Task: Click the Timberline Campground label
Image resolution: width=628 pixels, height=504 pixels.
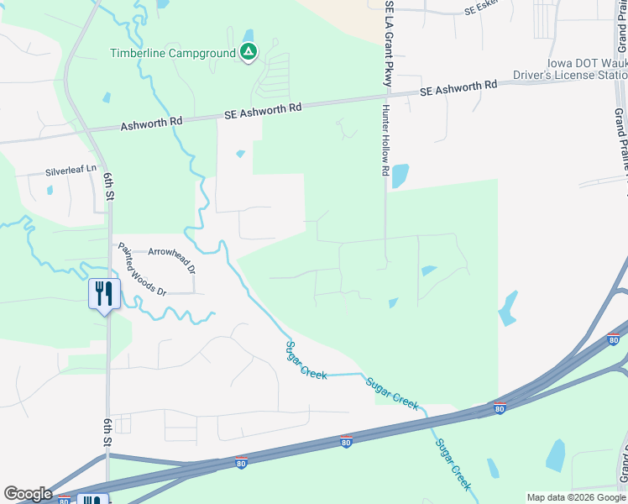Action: coord(173,53)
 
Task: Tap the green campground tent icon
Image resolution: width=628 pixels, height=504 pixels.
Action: coord(249,53)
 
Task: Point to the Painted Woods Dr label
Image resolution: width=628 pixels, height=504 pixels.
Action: coord(143,270)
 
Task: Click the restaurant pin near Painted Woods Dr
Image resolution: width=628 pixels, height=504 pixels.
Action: coord(105,295)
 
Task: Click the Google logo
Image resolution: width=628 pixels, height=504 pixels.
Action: coord(28,494)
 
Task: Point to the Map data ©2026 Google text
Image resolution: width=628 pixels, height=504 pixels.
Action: coord(576,497)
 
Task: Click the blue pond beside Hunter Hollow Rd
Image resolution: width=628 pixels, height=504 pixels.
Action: coord(400,176)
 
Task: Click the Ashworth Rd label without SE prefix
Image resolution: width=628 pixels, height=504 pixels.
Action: coord(151,123)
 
